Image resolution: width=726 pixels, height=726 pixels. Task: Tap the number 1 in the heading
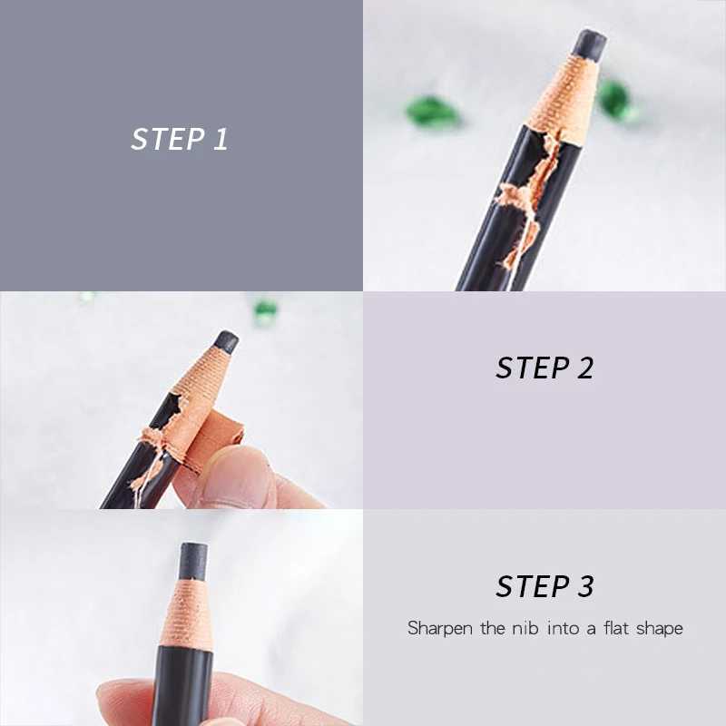[220, 139]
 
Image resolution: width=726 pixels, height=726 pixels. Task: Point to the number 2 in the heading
[584, 368]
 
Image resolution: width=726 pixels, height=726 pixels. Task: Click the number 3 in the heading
[584, 586]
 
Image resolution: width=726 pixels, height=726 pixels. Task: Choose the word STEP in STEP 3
[532, 586]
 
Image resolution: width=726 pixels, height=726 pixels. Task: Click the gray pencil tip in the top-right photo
[591, 44]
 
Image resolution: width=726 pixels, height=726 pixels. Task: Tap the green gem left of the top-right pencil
[432, 112]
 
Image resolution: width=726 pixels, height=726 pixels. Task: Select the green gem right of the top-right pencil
[615, 98]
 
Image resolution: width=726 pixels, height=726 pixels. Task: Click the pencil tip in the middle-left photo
[225, 342]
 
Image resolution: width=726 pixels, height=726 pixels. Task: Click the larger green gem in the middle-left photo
[265, 311]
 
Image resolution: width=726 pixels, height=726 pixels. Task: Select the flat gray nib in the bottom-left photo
[192, 562]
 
